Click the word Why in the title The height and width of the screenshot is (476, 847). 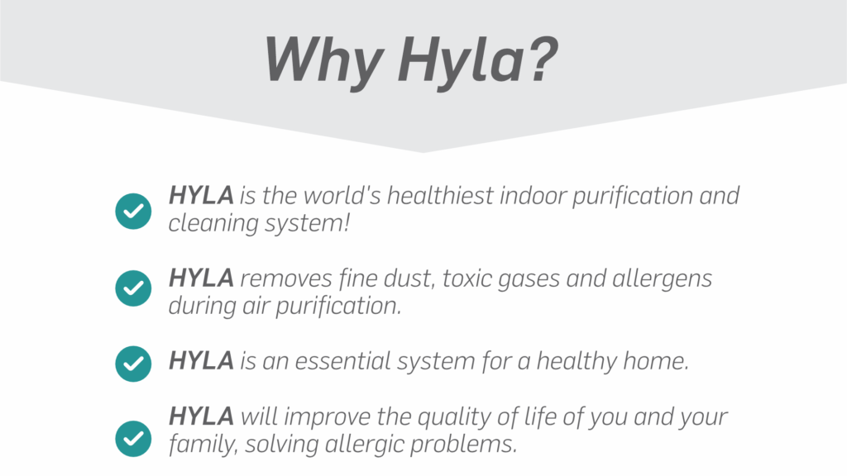tap(324, 60)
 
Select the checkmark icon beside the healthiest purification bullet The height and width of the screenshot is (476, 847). tap(133, 211)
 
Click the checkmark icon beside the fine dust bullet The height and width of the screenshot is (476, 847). tap(133, 288)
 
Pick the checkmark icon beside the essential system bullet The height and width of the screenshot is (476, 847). tap(133, 364)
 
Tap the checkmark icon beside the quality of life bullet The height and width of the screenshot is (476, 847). tap(133, 439)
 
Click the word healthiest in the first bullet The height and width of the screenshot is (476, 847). tap(440, 195)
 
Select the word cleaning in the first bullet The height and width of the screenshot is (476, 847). tap(213, 224)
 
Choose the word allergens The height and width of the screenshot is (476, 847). tap(663, 279)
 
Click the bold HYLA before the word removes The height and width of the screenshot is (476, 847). tap(201, 278)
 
